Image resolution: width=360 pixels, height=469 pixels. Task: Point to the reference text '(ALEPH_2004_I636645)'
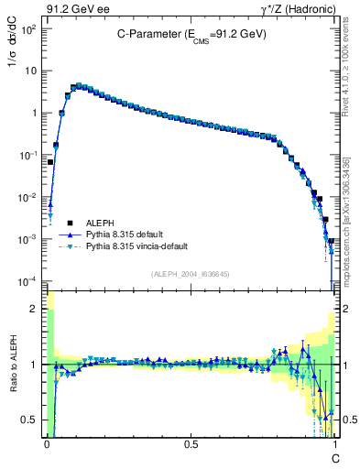[x=191, y=274]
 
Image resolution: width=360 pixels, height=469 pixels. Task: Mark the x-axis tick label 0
[x=46, y=443]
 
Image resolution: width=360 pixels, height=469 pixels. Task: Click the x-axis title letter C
[x=335, y=457]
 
